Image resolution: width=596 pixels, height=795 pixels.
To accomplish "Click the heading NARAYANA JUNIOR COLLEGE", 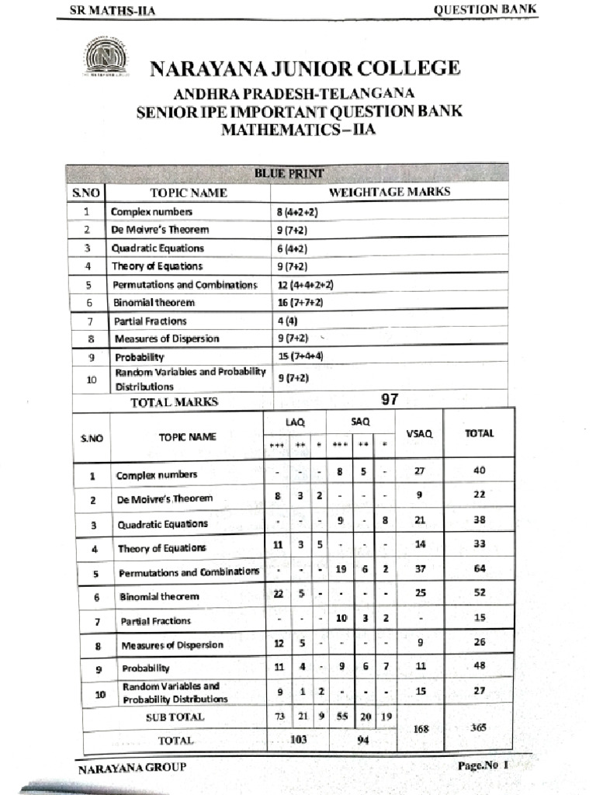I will [x=304, y=69].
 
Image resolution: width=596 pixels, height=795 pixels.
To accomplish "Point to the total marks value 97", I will [x=390, y=400].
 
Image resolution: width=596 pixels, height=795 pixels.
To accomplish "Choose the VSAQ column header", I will [x=419, y=433].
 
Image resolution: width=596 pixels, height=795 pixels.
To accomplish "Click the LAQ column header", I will [x=295, y=422].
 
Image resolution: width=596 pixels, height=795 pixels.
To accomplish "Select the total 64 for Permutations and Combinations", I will [x=480, y=568].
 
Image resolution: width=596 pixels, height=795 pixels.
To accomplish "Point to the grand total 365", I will [x=479, y=727].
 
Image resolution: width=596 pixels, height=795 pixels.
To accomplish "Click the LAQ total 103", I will [x=297, y=740].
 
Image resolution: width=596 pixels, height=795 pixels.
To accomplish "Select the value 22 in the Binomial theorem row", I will [x=278, y=593].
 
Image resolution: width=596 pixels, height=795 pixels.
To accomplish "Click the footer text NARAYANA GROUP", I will [x=132, y=769].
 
